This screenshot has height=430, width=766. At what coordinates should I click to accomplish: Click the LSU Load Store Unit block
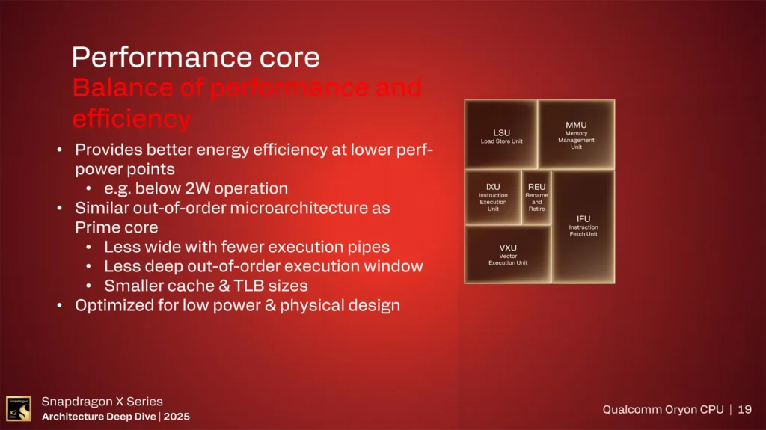501,135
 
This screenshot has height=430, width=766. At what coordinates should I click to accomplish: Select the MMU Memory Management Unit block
576,135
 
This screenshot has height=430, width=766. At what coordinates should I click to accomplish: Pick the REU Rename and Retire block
536,197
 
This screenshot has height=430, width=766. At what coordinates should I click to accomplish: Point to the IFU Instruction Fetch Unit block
583,226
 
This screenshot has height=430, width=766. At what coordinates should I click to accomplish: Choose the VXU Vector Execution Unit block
508,254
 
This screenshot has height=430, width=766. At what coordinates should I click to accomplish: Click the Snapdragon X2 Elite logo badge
19,408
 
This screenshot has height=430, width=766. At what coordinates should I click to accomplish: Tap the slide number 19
744,409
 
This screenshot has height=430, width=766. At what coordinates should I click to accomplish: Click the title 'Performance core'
195,58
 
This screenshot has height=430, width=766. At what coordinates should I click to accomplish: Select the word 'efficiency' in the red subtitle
131,118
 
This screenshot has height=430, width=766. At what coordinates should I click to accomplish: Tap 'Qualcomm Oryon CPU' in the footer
663,409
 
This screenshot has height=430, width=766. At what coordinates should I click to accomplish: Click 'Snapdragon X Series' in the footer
102,402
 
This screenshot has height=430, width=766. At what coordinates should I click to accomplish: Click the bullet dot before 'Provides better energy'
61,150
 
